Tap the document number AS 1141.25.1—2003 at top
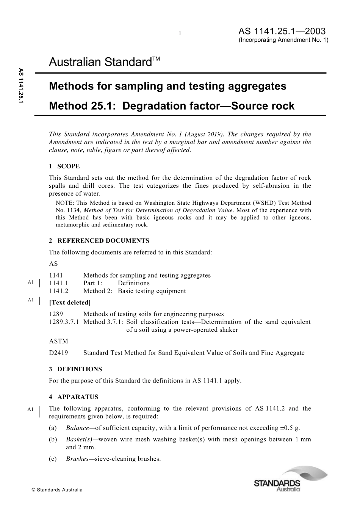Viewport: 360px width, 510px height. coord(282,31)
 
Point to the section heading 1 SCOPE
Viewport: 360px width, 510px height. coord(64,166)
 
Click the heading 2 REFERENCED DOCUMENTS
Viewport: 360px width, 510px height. coord(99,241)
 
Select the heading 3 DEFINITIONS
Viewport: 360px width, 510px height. coord(75,369)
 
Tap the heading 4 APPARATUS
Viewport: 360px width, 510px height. coord(74,397)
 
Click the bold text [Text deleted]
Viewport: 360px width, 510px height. coord(70,303)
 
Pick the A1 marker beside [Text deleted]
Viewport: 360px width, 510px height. coord(31,300)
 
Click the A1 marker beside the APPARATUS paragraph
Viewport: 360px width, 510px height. coord(31,409)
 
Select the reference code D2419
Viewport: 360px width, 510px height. coord(59,353)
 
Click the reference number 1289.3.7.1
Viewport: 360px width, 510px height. coord(64,322)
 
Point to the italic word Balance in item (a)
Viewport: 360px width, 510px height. coord(77,428)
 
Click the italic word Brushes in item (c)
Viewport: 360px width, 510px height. coord(77,459)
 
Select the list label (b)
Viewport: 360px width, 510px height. coord(53,439)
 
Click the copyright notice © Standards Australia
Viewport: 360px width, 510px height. coord(57,490)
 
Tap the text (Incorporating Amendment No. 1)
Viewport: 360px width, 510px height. coord(283,40)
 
